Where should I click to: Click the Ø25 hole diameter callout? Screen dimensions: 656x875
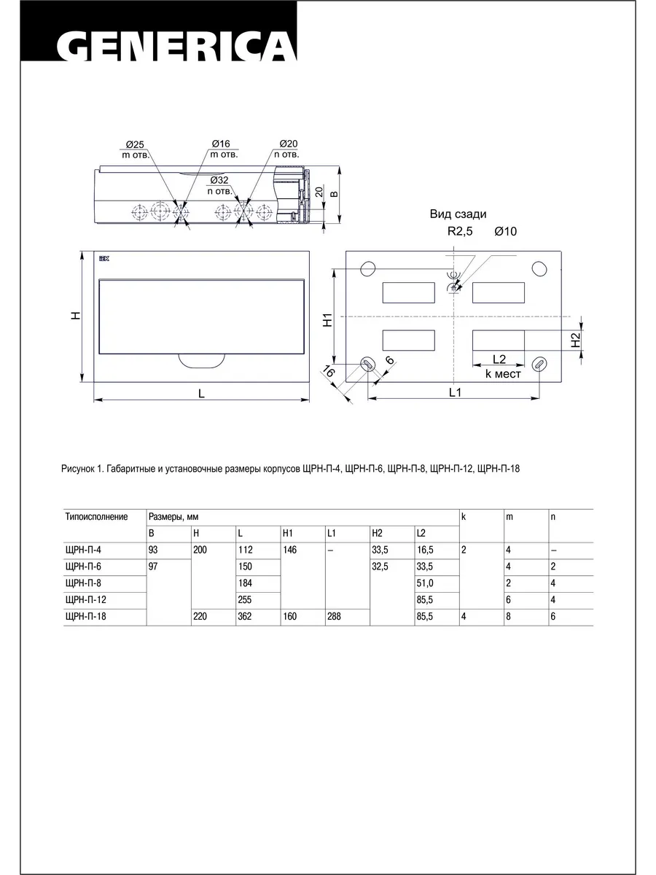(x=135, y=144)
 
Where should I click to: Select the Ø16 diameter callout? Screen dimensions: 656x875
(x=221, y=144)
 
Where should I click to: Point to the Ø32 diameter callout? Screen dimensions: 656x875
(x=219, y=180)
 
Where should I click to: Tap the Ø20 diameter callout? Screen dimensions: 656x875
(x=289, y=144)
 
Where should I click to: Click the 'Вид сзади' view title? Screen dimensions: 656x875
(x=458, y=214)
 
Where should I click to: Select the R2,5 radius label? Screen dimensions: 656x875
(x=460, y=231)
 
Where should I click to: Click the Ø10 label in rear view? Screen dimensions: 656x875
(x=506, y=231)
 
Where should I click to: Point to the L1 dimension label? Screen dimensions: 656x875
(x=455, y=392)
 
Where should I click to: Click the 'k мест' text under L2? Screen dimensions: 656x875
(x=503, y=374)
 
